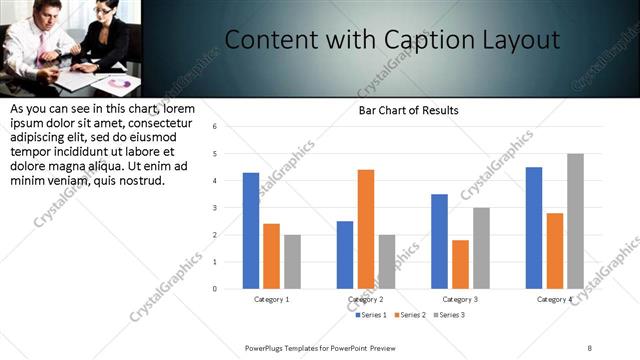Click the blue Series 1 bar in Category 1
pyautogui.click(x=251, y=231)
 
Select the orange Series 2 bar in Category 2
pyautogui.click(x=366, y=229)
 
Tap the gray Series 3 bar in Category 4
pyautogui.click(x=575, y=221)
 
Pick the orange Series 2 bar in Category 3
pyautogui.click(x=460, y=264)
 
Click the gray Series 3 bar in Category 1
pyautogui.click(x=292, y=262)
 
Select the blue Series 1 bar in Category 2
pyautogui.click(x=345, y=255)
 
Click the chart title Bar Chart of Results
pyautogui.click(x=409, y=110)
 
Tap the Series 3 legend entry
pyautogui.click(x=449, y=315)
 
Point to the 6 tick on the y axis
pyautogui.click(x=214, y=127)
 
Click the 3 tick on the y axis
pyautogui.click(x=214, y=208)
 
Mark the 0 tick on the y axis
pyautogui.click(x=214, y=289)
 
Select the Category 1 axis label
pyautogui.click(x=271, y=299)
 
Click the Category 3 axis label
pyautogui.click(x=460, y=299)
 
